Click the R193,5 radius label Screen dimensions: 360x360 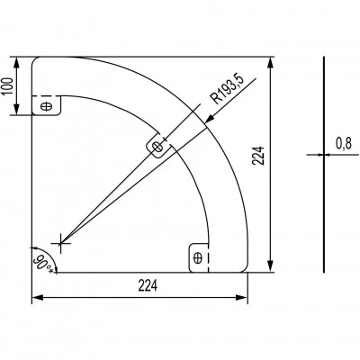[x=228, y=89]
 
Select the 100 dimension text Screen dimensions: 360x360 [x=8, y=86]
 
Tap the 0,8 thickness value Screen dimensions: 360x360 [x=344, y=144]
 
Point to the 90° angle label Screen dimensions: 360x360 [x=42, y=263]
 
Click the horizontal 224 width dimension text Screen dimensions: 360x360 [x=148, y=286]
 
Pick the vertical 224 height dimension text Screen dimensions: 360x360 [x=258, y=156]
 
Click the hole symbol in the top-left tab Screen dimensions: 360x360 [x=46, y=106]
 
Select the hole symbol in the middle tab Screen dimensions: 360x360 [x=157, y=147]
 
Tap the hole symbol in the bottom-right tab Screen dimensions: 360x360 [x=197, y=257]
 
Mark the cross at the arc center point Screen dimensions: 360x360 [x=60, y=243]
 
